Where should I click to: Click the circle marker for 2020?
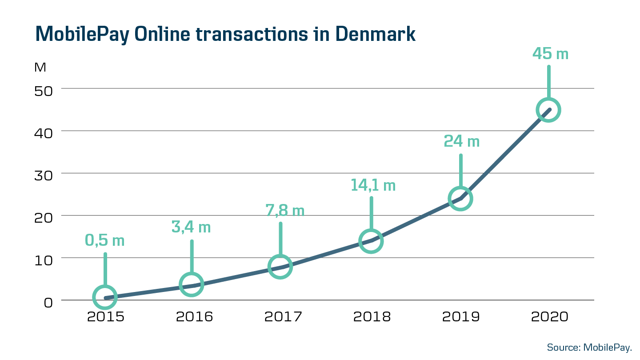coord(548,110)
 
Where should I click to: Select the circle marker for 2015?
coord(105,297)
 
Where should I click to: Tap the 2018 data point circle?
coord(371,241)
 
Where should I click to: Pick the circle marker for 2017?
coord(280,267)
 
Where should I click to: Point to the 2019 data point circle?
coord(460,198)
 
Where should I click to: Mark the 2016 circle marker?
coord(192,284)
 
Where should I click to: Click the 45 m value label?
coord(550,54)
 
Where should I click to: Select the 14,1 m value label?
coord(373,185)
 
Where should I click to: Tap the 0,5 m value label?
coord(105,240)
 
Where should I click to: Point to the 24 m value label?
coord(461,141)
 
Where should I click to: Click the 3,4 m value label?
coord(191,227)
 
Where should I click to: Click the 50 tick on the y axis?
coord(43,90)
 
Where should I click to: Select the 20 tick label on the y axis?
coord(43,217)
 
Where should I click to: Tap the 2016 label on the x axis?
coord(194,317)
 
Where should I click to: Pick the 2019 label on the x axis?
coord(461,317)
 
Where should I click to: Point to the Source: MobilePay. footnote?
coord(589,348)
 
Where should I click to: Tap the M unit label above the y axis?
coord(40,68)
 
